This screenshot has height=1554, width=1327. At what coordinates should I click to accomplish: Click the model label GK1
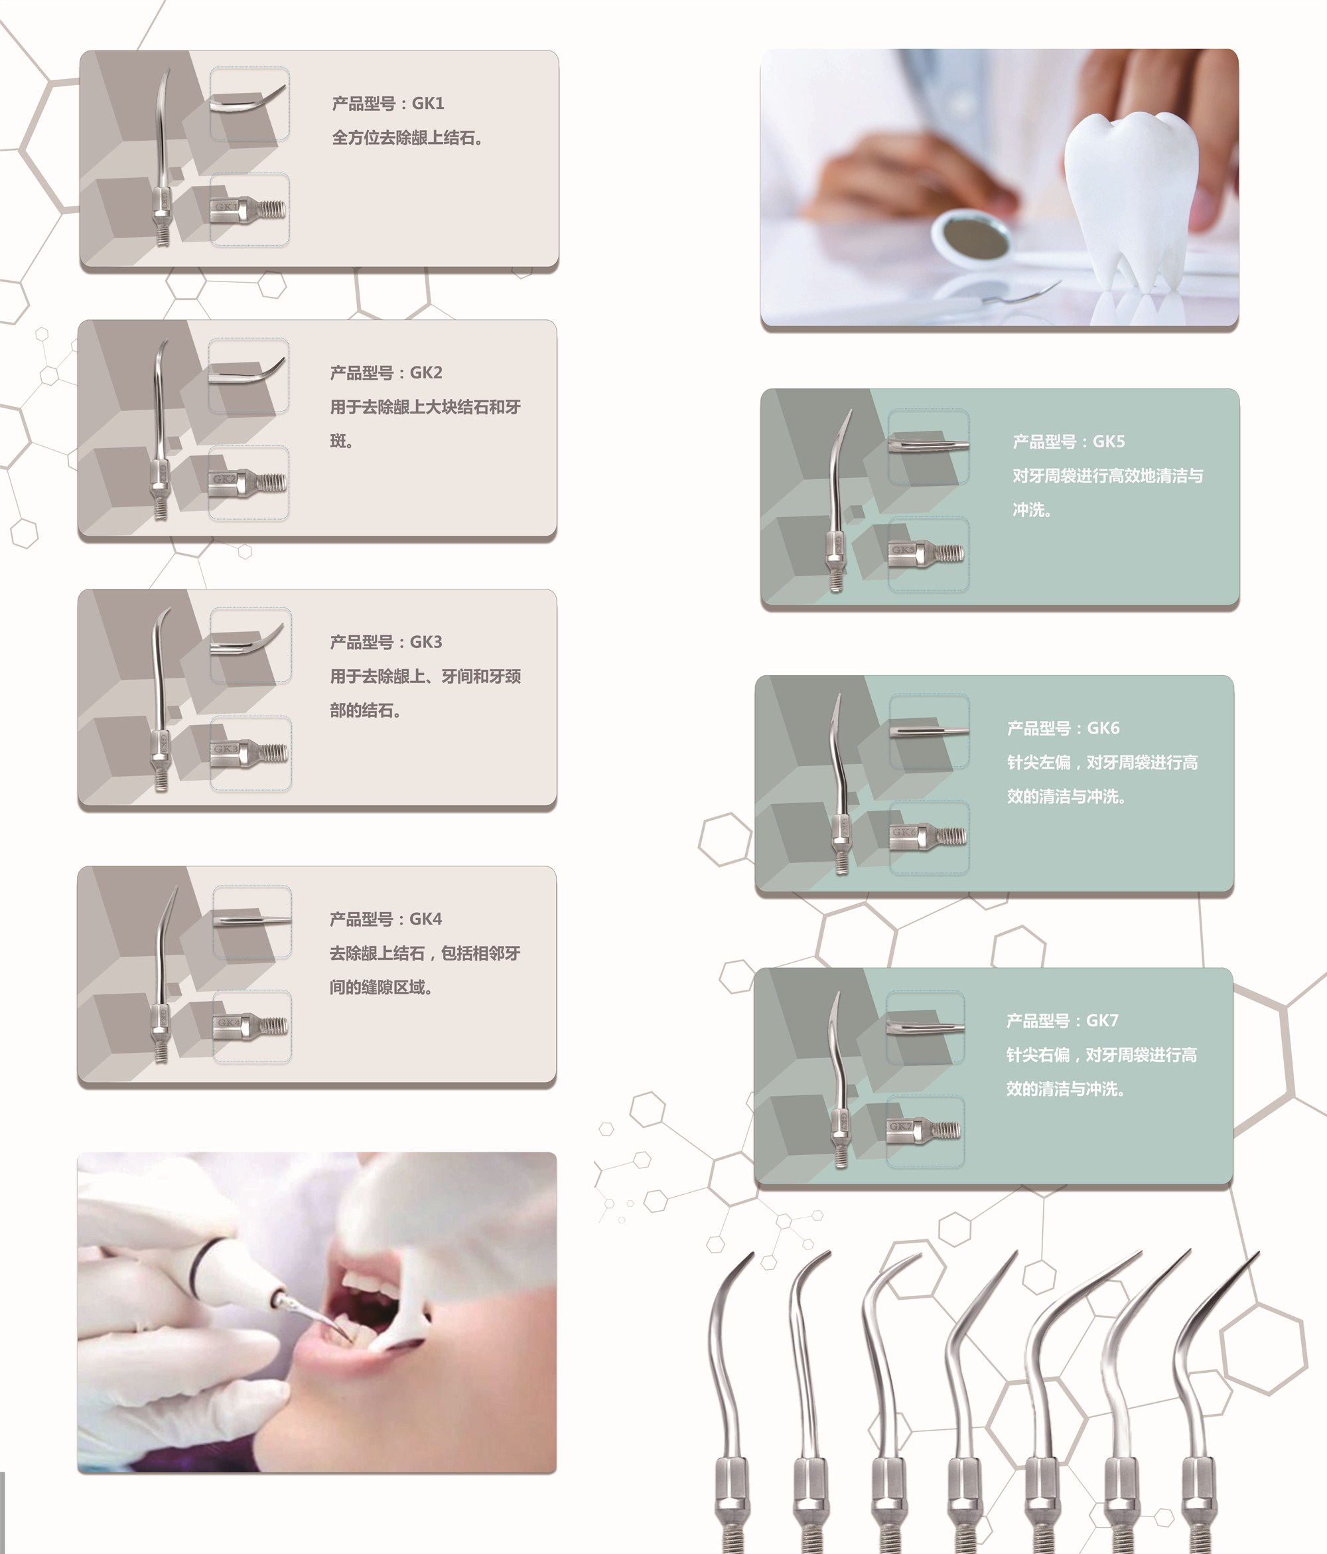click(x=428, y=104)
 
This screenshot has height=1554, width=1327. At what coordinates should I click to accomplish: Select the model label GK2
click(x=426, y=373)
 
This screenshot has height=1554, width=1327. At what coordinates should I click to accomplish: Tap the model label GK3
click(x=426, y=642)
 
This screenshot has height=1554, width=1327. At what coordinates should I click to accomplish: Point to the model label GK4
click(x=426, y=919)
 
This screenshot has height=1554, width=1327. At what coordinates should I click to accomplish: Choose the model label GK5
click(x=1109, y=441)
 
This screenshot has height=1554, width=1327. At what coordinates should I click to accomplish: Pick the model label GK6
click(x=1103, y=728)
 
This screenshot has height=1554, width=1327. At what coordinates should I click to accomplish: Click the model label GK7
click(x=1103, y=1021)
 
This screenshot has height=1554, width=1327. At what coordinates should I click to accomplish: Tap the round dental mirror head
click(x=973, y=238)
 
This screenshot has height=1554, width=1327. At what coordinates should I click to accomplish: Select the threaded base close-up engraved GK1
click(x=249, y=209)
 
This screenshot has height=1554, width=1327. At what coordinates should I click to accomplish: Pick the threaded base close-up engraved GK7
click(x=925, y=1131)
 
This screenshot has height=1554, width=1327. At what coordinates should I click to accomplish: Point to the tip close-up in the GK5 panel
click(x=928, y=445)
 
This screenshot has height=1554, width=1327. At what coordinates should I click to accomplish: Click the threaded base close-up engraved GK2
click(x=247, y=482)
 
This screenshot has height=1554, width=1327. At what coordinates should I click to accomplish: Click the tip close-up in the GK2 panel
click(x=247, y=375)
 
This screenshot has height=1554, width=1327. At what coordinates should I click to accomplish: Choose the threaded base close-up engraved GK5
click(x=928, y=554)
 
